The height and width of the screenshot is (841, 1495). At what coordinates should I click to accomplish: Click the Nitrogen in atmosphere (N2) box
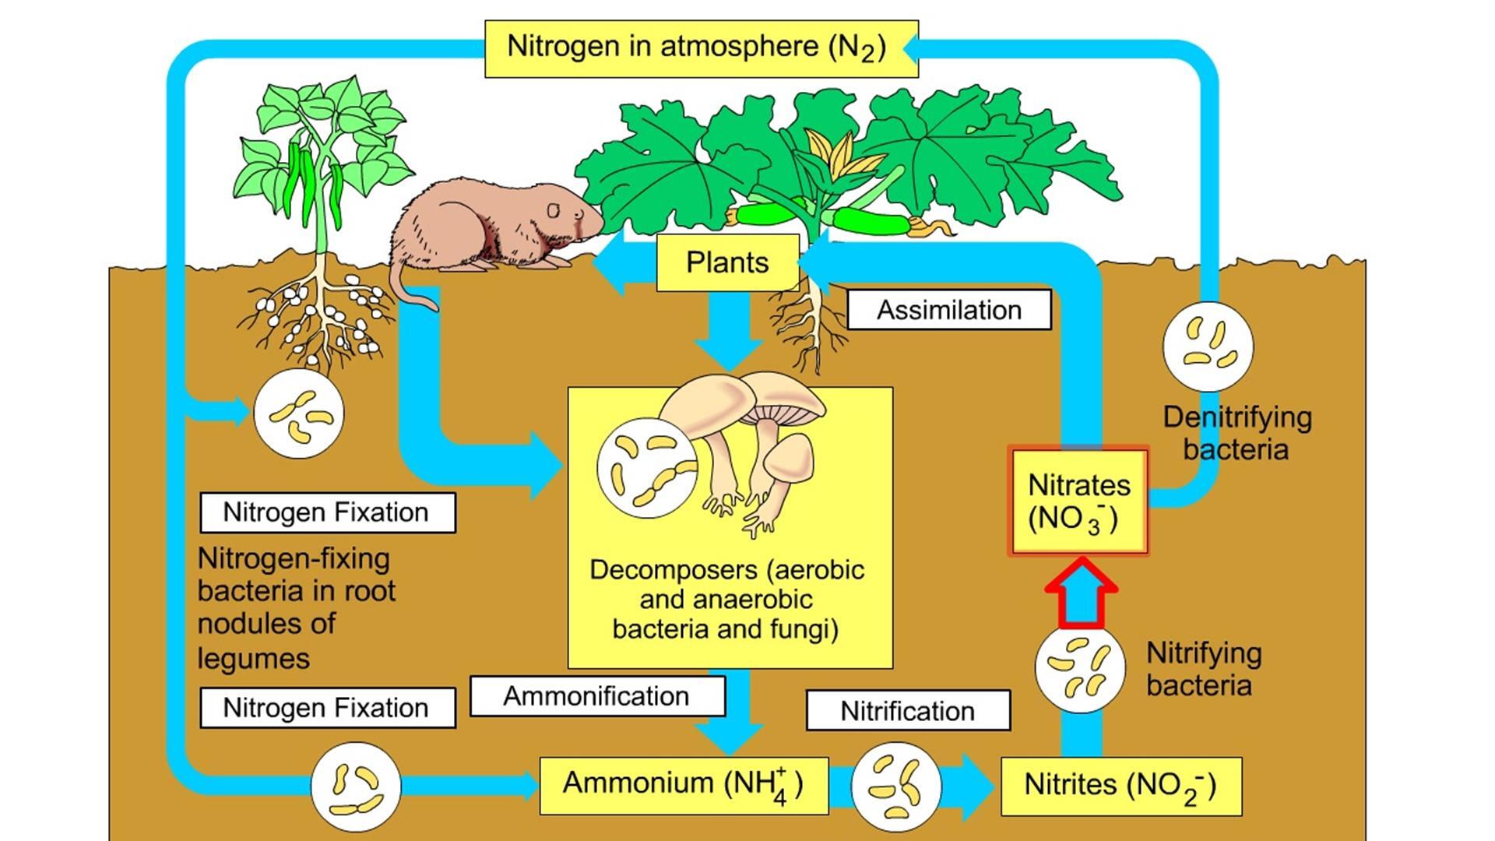click(x=701, y=48)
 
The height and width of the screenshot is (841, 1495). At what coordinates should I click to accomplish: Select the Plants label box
click(x=728, y=262)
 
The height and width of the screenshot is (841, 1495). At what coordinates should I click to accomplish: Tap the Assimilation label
click(x=948, y=310)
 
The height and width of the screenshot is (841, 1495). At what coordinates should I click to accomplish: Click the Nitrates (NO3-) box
click(x=1078, y=501)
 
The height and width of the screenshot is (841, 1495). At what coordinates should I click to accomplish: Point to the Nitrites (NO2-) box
click(x=1120, y=786)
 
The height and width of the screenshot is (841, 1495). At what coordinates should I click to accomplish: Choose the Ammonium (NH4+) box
click(x=684, y=785)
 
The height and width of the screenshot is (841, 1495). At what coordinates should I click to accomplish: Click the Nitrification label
click(x=908, y=710)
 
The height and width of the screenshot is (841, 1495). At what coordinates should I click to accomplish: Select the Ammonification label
click(x=596, y=695)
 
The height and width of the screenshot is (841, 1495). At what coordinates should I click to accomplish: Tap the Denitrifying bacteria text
click(x=1236, y=433)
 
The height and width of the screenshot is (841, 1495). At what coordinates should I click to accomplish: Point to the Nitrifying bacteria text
click(x=1204, y=669)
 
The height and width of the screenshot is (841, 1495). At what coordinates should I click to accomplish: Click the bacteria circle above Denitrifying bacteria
click(x=1208, y=347)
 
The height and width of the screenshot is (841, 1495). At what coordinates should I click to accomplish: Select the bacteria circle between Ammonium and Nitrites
click(x=897, y=786)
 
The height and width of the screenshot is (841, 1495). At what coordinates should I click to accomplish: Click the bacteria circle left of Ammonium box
click(x=356, y=786)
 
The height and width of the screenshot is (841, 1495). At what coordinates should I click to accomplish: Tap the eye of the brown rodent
click(x=553, y=210)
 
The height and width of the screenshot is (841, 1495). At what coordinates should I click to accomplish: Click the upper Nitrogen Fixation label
click(x=328, y=512)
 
